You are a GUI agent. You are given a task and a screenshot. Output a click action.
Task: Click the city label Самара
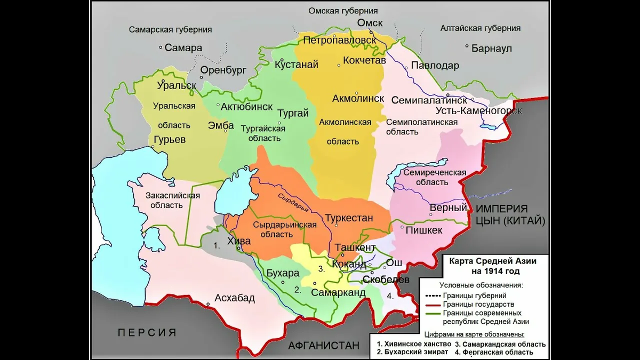click(183, 47)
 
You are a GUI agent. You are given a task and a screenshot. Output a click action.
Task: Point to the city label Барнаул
click(491, 48)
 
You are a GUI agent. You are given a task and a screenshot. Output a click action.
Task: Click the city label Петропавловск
click(340, 40)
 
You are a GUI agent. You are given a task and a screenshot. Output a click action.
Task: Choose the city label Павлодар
click(434, 66)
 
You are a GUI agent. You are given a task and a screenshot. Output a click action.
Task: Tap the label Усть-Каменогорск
click(478, 111)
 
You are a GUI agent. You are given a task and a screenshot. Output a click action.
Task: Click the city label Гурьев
click(169, 140)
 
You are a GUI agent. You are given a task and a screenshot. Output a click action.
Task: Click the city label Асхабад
click(235, 298)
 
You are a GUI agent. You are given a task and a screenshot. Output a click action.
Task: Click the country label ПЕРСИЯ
click(147, 332)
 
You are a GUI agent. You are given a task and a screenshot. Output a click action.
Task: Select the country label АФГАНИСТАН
click(324, 346)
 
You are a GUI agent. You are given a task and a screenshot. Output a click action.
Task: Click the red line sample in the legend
click(432, 304)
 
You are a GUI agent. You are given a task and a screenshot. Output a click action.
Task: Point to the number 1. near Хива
click(217, 246)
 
